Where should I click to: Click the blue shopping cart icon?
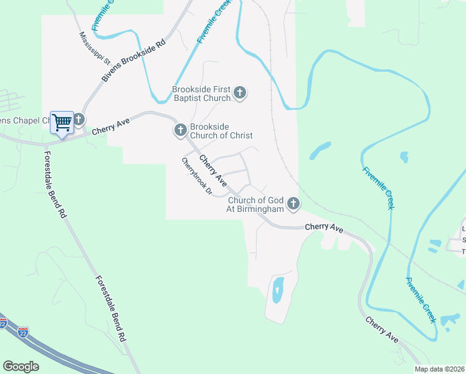click(x=62, y=122)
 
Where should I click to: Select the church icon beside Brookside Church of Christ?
click(x=180, y=130)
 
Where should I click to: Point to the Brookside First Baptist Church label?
click(x=202, y=93)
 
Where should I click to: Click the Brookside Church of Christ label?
click(x=221, y=131)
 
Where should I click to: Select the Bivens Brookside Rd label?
click(x=135, y=60)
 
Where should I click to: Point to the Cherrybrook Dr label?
click(x=197, y=176)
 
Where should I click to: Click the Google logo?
click(x=21, y=367)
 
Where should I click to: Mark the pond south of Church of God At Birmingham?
click(x=278, y=289)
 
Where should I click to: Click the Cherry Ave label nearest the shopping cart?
click(x=109, y=128)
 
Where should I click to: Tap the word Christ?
click(x=240, y=135)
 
